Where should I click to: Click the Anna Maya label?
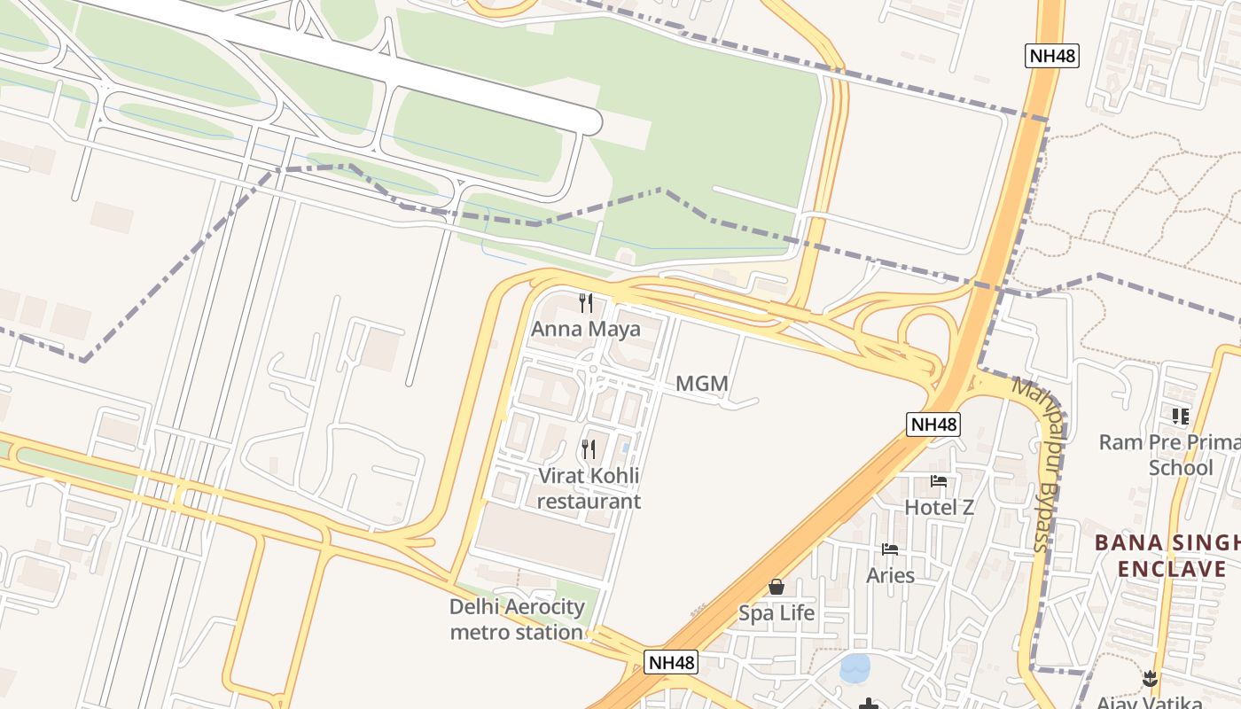(x=585, y=330)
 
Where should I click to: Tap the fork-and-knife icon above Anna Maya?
(x=585, y=303)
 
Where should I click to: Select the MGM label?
(x=701, y=384)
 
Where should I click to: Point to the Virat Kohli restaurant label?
(x=589, y=488)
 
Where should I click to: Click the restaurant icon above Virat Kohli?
(x=589, y=449)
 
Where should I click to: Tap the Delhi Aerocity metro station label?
(x=517, y=619)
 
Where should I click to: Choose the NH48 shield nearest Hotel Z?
(x=933, y=425)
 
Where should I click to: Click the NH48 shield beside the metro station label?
(x=671, y=662)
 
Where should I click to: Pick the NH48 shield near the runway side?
(x=1052, y=56)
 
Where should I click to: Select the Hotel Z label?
(x=939, y=507)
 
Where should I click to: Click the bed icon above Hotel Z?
(x=939, y=481)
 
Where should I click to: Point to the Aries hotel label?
(x=890, y=575)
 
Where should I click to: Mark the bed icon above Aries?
(x=890, y=549)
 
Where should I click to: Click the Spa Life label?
(x=777, y=612)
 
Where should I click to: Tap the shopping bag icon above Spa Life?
(x=777, y=587)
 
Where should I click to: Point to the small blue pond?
(x=855, y=668)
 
